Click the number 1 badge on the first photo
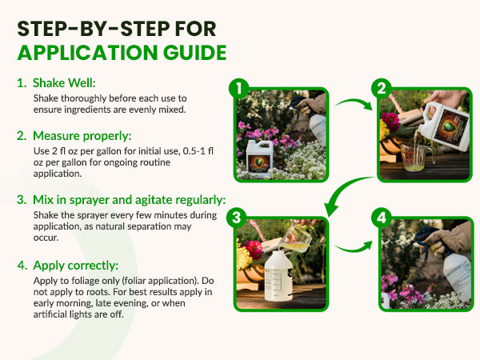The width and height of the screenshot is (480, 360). point(238,89)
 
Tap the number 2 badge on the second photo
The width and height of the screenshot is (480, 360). point(382,89)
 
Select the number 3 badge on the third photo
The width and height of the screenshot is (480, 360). point(237,218)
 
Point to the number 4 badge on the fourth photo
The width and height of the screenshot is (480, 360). point(382,218)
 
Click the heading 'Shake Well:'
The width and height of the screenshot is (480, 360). point(64,82)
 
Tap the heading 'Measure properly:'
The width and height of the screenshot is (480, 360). point(82,136)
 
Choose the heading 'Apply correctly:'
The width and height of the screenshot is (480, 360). point(76,265)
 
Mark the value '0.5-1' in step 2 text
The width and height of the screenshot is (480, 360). point(194,151)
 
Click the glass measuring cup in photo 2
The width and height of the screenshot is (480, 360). point(418,157)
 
